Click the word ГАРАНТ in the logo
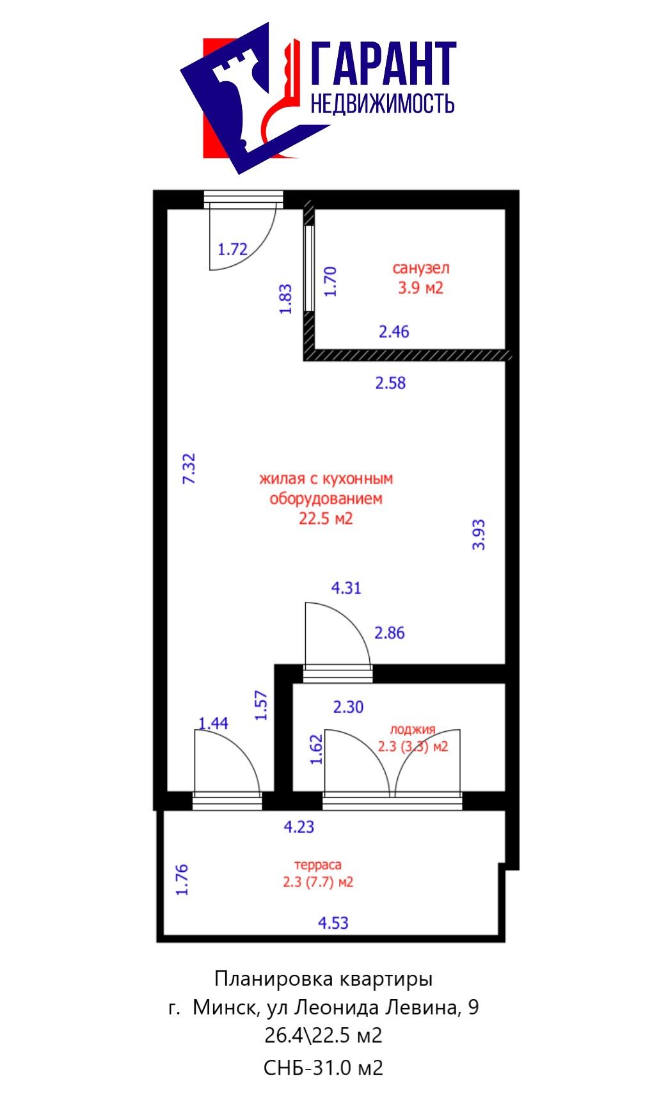[383, 63]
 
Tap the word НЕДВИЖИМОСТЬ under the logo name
[383, 103]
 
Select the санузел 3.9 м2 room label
[420, 278]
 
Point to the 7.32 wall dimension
[189, 468]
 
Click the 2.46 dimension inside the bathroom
[394, 331]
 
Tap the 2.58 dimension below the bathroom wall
[390, 383]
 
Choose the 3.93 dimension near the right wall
[478, 535]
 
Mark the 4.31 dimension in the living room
[346, 587]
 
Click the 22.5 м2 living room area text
[326, 518]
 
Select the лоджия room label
[413, 729]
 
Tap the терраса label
[318, 865]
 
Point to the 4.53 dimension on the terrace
[333, 922]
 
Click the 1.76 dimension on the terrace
[182, 879]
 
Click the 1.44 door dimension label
[213, 723]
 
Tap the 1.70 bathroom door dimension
[330, 281]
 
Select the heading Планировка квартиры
[323, 979]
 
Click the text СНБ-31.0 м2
[323, 1068]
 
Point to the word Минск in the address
[225, 1007]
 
